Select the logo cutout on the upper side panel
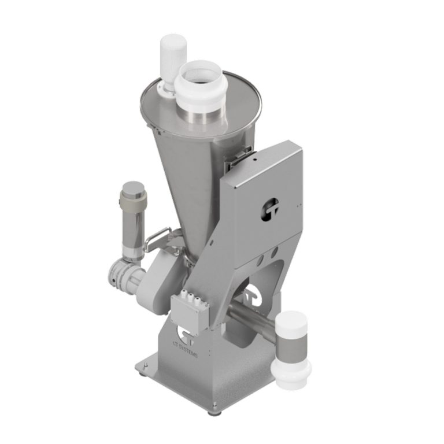click(270, 209)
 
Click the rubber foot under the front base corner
click(216, 412)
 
